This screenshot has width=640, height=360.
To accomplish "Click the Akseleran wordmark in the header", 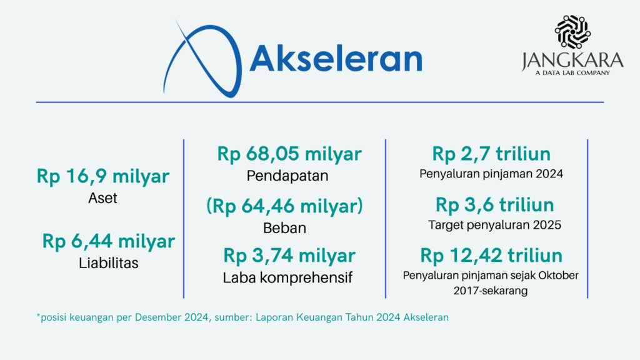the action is pyautogui.click(x=336, y=58).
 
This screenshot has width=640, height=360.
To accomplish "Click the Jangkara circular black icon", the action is pyautogui.click(x=572, y=31).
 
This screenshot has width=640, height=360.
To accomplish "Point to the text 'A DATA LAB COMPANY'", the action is pyautogui.click(x=572, y=73).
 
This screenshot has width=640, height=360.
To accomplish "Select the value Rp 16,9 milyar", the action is pyautogui.click(x=103, y=176).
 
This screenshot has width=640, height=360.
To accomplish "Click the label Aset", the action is pyautogui.click(x=103, y=198).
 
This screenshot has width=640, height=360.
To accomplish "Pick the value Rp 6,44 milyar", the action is pyautogui.click(x=109, y=241).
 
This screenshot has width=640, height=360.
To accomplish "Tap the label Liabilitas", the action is pyautogui.click(x=109, y=263).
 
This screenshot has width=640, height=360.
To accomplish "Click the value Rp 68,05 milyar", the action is pyautogui.click(x=289, y=154).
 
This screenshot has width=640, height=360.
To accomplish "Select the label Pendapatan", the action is pyautogui.click(x=287, y=176).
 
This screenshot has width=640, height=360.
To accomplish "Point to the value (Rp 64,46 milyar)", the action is pyautogui.click(x=284, y=206).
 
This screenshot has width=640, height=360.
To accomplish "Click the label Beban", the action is pyautogui.click(x=284, y=227).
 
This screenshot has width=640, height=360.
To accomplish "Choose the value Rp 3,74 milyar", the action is pyautogui.click(x=289, y=256).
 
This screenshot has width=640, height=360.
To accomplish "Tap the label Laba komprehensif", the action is pyautogui.click(x=287, y=277).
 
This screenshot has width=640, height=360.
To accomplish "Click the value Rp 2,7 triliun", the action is pyautogui.click(x=491, y=154).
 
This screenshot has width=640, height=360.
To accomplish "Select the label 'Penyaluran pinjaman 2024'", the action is pyautogui.click(x=491, y=174).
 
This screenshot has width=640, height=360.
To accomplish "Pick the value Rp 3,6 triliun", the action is pyautogui.click(x=495, y=204).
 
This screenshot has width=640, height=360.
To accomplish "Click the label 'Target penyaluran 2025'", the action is pyautogui.click(x=495, y=225).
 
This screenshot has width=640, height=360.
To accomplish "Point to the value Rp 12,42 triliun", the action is pyautogui.click(x=491, y=256).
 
